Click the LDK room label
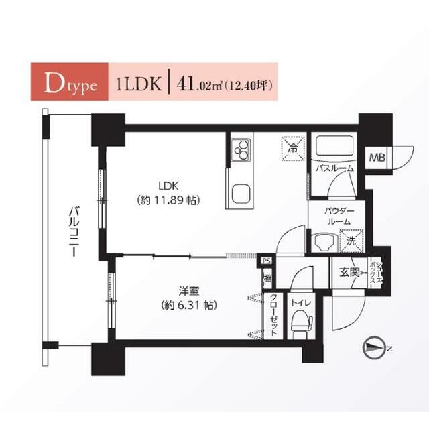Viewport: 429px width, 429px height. click(x=168, y=186)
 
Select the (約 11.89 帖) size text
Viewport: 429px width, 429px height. click(x=168, y=200)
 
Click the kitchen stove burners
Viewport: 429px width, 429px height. click(x=240, y=151)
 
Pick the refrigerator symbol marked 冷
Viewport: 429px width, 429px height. click(x=292, y=147)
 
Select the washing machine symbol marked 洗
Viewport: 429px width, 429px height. click(x=351, y=239)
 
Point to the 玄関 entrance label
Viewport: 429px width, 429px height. click(x=349, y=273)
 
